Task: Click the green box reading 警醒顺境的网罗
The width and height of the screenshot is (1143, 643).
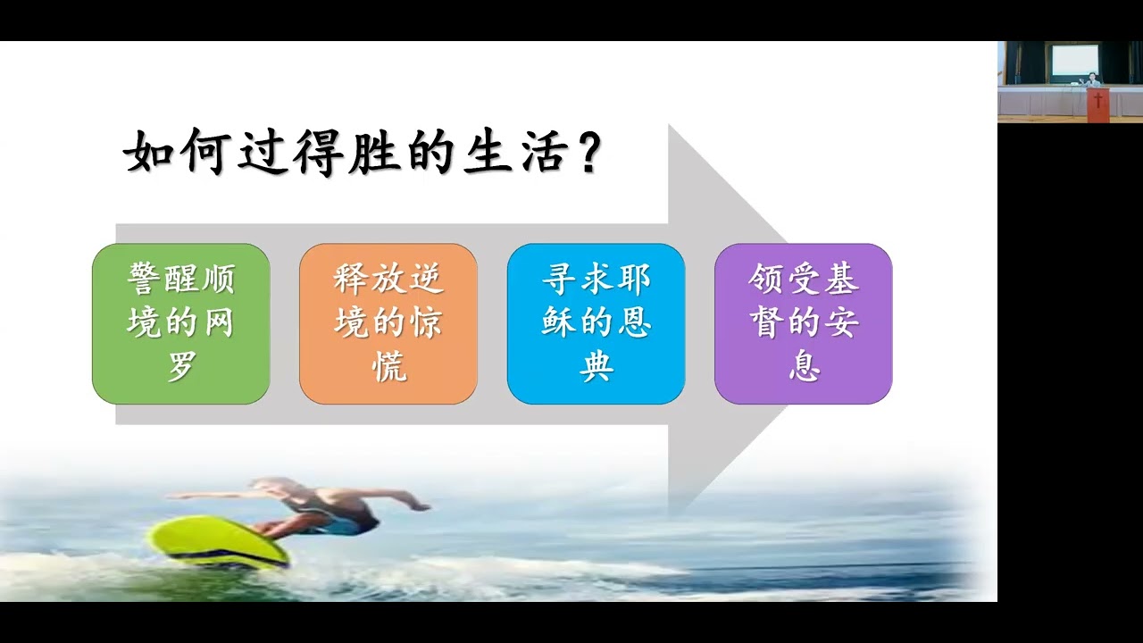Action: [181, 323]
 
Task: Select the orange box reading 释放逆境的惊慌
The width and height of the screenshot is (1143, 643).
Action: [388, 323]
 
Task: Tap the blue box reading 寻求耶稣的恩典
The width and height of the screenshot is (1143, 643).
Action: [596, 323]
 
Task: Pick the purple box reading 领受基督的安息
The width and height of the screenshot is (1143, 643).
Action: [803, 323]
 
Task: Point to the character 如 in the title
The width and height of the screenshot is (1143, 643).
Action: [146, 154]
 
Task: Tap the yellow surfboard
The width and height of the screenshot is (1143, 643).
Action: [219, 543]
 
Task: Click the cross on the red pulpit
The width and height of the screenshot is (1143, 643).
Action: [1098, 100]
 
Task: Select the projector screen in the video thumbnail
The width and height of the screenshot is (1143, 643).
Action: [1072, 60]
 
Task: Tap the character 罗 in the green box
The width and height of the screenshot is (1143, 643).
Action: [181, 366]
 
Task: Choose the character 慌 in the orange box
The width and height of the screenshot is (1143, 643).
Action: [388, 366]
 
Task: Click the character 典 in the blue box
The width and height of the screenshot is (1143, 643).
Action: [596, 366]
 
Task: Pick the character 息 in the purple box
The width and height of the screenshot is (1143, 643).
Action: [803, 366]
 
